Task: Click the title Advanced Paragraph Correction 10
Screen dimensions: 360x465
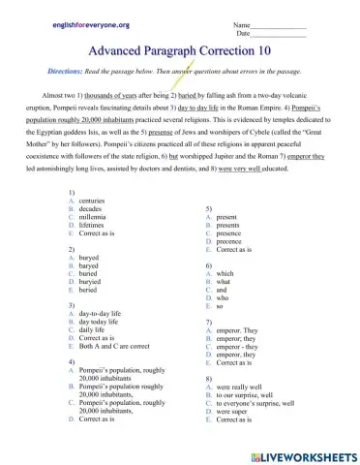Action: pyautogui.click(x=181, y=48)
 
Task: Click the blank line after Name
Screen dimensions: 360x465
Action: pyautogui.click(x=283, y=22)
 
